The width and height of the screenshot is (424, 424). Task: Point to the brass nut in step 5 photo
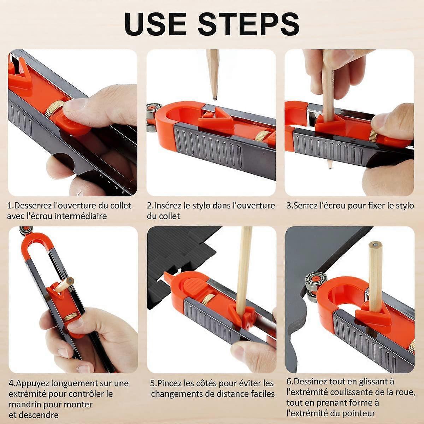pyautogui.click(x=212, y=300)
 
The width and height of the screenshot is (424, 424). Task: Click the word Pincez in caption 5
pyautogui.click(x=170, y=383)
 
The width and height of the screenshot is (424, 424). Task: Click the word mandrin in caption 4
pyautogui.click(x=24, y=405)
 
